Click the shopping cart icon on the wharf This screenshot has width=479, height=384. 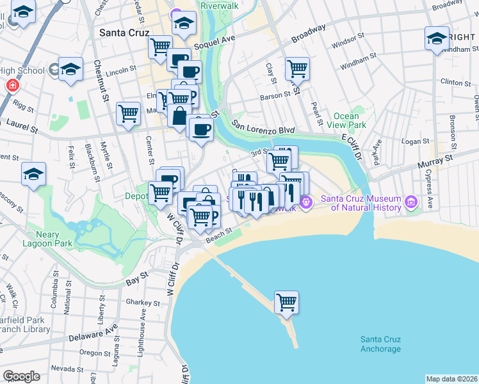click(286, 302)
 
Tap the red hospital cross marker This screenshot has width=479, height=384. click(12, 84)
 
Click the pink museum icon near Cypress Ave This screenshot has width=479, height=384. click(410, 203)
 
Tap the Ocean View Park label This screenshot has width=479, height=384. click(350, 120)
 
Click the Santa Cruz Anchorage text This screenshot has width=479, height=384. click(380, 344)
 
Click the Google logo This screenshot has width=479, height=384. click(21, 376)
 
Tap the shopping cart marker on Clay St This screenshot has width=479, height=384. click(297, 67)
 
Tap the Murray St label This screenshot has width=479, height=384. click(435, 160)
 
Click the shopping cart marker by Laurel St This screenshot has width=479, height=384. click(129, 114)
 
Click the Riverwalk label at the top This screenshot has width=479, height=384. click(220, 5)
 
